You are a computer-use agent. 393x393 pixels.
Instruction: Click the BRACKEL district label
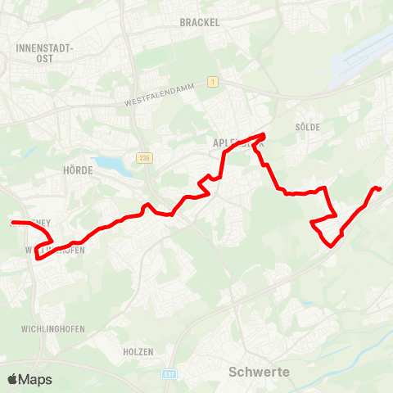point(200,23)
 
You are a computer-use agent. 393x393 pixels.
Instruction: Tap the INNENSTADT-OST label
point(44,53)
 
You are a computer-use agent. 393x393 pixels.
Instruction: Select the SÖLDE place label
point(307,127)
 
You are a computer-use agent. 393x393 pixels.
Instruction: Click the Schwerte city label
point(258,372)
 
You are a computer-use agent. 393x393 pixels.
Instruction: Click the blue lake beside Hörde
point(111,166)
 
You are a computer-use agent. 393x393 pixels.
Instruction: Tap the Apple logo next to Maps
point(13,379)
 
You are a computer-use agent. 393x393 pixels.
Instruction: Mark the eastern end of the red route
point(381,190)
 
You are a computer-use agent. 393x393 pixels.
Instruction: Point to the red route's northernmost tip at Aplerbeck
point(264,134)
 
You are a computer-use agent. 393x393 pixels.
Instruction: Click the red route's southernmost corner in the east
point(330,245)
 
